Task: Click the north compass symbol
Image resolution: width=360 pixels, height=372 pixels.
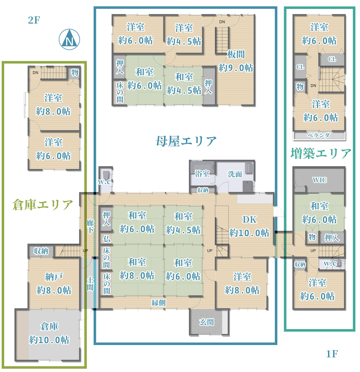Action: (x=69, y=40)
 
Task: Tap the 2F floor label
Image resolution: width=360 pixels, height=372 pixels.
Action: (x=34, y=20)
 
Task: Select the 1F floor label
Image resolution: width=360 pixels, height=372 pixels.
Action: (x=332, y=354)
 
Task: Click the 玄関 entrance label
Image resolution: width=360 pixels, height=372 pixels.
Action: (x=207, y=322)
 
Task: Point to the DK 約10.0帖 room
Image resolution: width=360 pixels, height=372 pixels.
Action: (x=249, y=226)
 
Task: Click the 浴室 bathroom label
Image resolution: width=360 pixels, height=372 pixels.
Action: (x=202, y=174)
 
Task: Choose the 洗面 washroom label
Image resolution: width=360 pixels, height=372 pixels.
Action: (x=235, y=174)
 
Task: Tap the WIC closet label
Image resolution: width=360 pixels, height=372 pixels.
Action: (x=319, y=180)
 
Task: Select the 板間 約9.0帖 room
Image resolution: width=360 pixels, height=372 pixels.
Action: (x=236, y=61)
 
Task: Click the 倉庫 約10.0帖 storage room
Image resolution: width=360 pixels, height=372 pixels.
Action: (x=49, y=333)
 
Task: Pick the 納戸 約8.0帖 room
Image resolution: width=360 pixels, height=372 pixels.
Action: (x=54, y=283)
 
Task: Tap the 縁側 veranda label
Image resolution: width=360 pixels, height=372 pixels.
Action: (x=159, y=303)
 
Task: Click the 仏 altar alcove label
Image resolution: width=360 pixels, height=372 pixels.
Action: (x=107, y=239)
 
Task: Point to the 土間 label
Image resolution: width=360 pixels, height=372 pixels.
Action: (x=90, y=283)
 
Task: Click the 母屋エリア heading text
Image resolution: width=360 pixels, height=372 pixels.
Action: (x=186, y=141)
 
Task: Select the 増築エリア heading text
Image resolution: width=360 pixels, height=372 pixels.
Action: (x=321, y=153)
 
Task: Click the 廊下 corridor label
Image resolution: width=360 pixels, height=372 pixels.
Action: (x=90, y=226)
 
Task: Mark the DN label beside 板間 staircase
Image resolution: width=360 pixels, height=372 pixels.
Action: (x=222, y=22)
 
